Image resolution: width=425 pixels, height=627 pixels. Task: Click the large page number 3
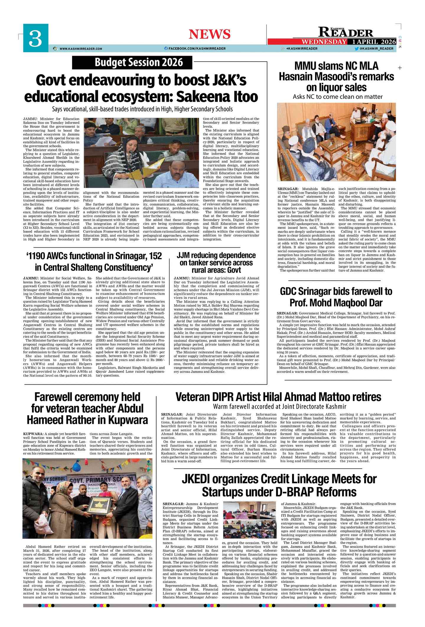[35, 39]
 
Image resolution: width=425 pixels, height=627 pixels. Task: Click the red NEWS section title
[209, 34]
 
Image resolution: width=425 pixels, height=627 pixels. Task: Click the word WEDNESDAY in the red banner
[324, 42]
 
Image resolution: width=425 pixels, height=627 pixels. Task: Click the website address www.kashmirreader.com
[80, 49]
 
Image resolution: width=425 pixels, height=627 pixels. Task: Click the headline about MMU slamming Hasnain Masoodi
[336, 76]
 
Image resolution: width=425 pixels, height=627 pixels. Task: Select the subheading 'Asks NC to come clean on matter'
[338, 97]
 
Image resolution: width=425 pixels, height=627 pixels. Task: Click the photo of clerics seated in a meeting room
[336, 141]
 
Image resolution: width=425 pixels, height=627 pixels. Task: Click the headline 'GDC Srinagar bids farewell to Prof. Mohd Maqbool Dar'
[336, 297]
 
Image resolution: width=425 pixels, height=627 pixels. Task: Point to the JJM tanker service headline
[216, 262]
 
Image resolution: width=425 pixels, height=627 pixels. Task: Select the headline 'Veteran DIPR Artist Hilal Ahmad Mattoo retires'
[278, 396]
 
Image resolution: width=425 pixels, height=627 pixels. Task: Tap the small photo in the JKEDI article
[250, 521]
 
